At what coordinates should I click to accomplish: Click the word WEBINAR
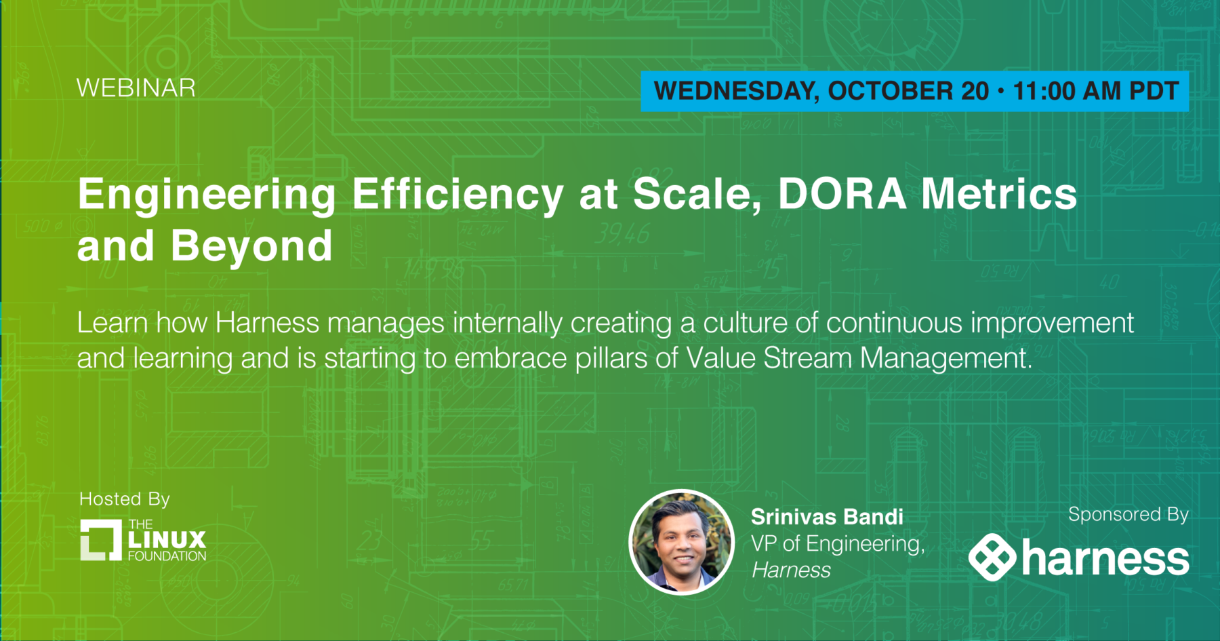(x=136, y=88)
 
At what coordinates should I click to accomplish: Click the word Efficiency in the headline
(x=457, y=195)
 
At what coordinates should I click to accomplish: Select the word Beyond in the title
(x=251, y=246)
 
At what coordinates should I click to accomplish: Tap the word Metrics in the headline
(x=999, y=194)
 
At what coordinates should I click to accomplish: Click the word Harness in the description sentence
(x=267, y=323)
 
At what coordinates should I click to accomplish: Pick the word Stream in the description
(x=807, y=358)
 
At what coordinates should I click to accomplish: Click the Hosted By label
(x=125, y=500)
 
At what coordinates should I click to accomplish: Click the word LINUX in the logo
(x=167, y=540)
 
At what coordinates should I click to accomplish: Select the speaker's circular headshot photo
(x=682, y=542)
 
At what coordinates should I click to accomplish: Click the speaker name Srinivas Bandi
(x=827, y=517)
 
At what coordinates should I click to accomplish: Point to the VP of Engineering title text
(x=838, y=544)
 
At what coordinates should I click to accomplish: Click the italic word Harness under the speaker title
(x=791, y=570)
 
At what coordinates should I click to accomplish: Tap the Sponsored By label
(x=1128, y=515)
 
